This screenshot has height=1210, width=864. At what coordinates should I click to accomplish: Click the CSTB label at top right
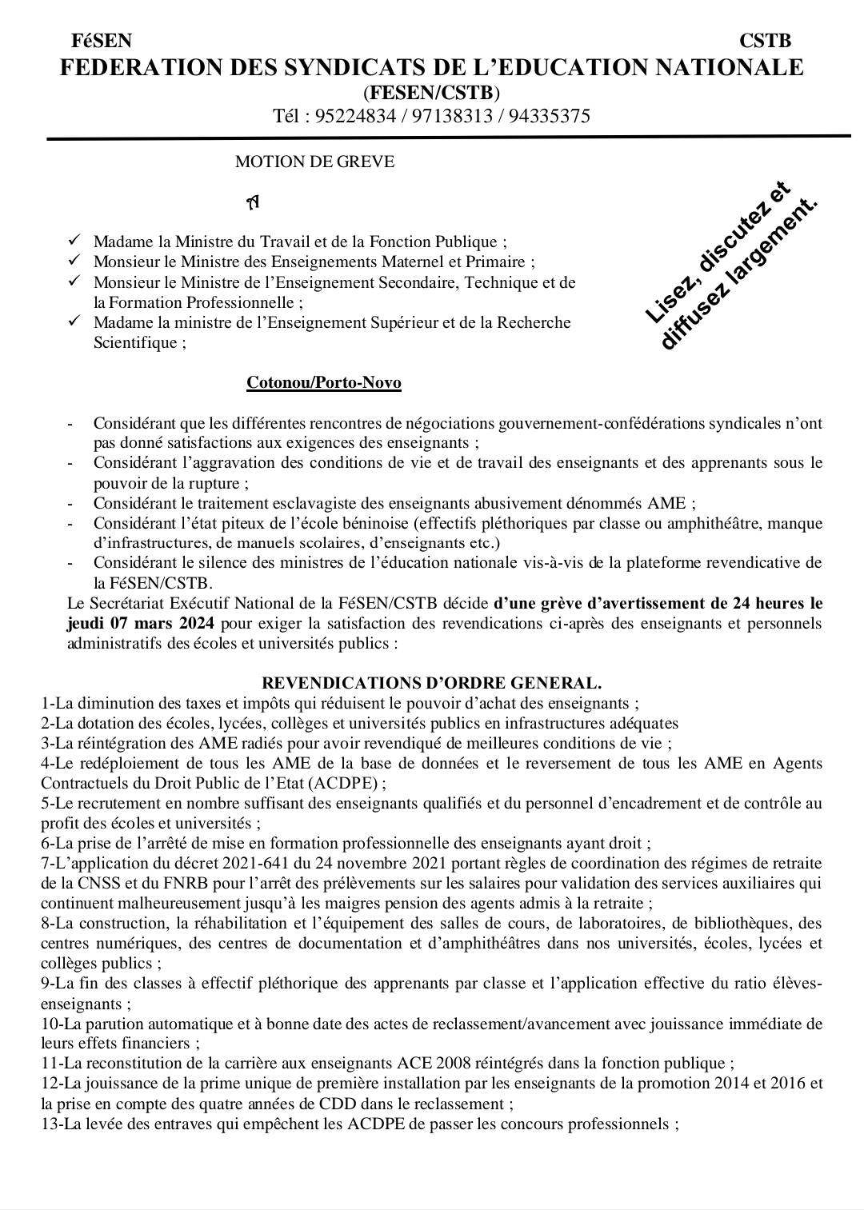(765, 41)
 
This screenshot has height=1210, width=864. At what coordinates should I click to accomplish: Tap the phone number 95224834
(355, 117)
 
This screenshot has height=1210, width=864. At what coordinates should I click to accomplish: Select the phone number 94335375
(549, 117)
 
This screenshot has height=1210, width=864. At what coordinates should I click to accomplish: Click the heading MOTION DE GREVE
(314, 162)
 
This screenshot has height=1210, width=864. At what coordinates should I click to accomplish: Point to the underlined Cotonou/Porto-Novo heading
(324, 383)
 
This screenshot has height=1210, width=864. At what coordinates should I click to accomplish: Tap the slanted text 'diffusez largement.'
(740, 276)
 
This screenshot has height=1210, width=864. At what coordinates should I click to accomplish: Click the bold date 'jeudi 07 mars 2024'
(141, 623)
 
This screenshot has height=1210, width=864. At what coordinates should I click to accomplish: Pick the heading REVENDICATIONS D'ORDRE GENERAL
(432, 683)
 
